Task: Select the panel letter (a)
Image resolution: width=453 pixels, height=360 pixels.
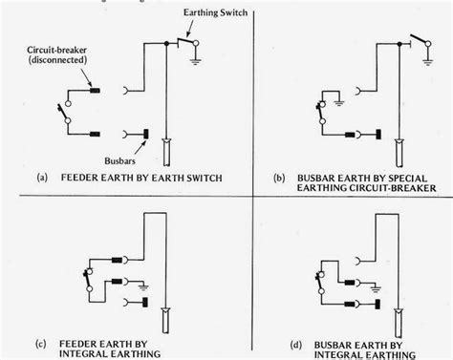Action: (43, 179)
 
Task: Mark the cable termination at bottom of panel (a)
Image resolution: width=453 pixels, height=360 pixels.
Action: (168, 153)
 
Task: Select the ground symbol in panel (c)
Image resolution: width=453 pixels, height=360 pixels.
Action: (142, 283)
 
